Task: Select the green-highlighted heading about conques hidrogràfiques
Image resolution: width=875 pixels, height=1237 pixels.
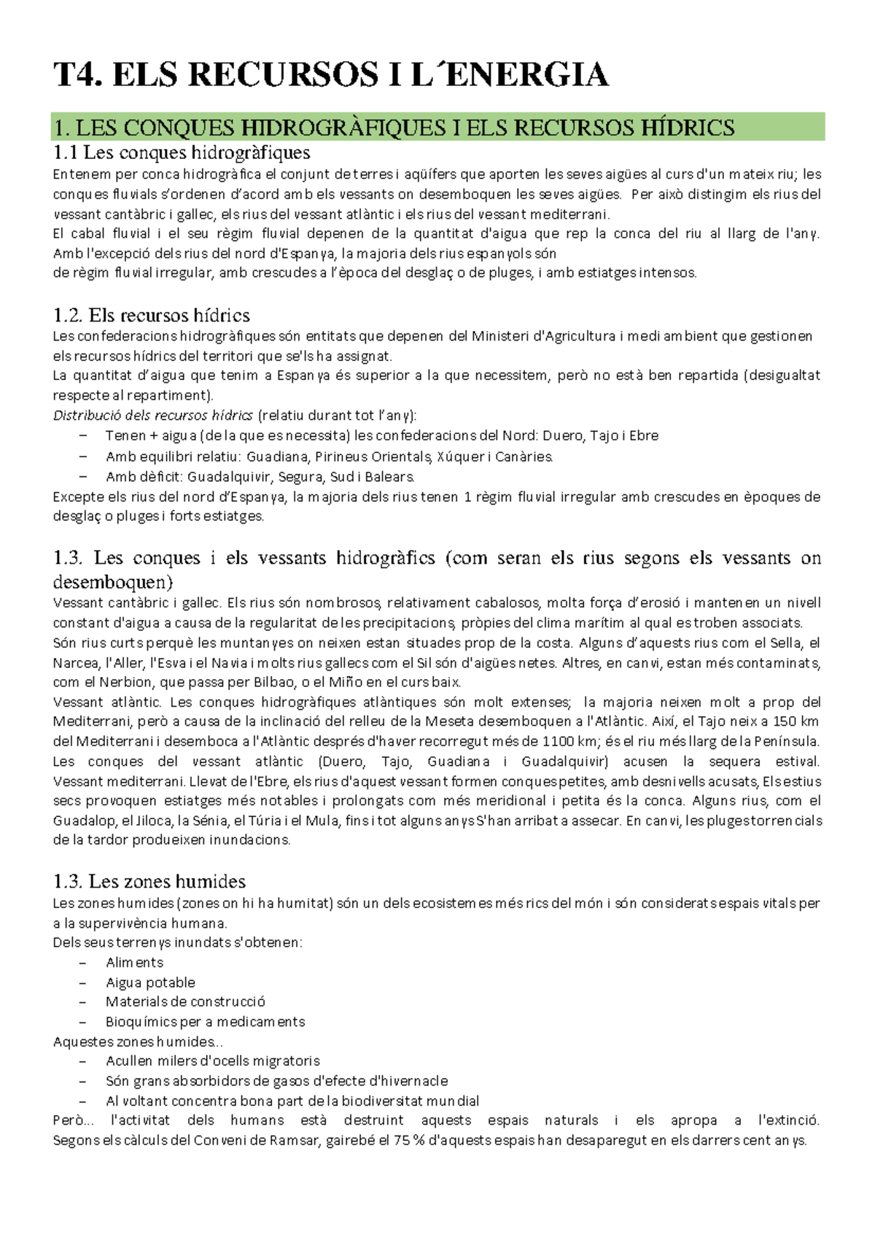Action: coord(394,128)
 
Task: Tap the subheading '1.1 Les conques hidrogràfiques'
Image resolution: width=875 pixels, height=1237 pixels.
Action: coord(182,152)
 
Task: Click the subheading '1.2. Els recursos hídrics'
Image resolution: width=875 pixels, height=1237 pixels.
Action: coord(151,315)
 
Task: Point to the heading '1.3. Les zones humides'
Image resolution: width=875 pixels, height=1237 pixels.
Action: coord(149,881)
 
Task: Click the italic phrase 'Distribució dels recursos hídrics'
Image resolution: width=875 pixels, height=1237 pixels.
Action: coord(153,415)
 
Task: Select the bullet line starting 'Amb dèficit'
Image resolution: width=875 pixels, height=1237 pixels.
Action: coord(260,477)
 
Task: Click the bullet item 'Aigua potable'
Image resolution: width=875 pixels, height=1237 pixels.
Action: coord(150,982)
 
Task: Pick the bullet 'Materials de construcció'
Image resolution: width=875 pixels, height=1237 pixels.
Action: coord(185,1001)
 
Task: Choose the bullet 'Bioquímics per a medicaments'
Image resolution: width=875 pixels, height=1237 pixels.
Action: coord(205,1022)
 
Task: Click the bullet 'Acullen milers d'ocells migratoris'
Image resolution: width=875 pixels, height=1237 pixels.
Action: coord(212,1060)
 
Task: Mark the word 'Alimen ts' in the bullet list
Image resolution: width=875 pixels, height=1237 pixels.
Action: coord(134,963)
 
